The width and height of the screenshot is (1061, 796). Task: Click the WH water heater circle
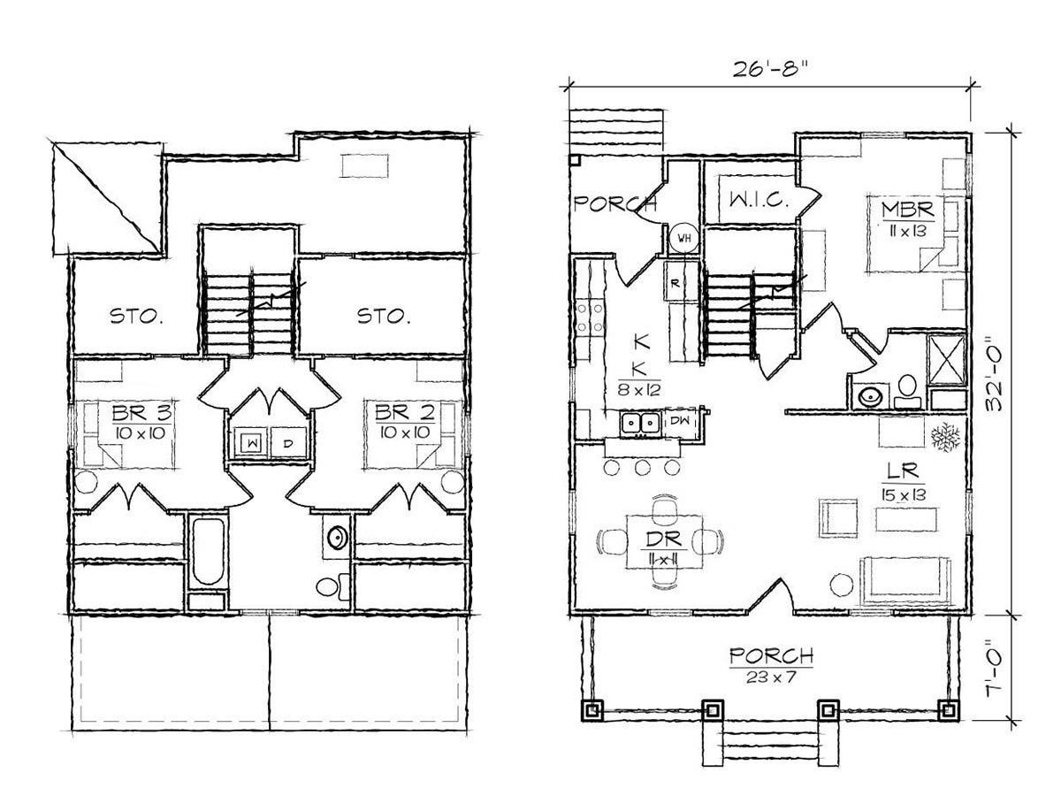pyautogui.click(x=683, y=238)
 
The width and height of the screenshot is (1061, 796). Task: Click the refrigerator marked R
pyautogui.click(x=676, y=283)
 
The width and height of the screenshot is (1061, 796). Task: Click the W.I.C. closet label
pyautogui.click(x=759, y=200)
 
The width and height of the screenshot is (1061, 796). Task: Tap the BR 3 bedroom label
pyautogui.click(x=141, y=414)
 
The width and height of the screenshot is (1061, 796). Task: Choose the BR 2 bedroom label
pyautogui.click(x=405, y=414)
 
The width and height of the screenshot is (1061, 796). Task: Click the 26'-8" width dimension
pyautogui.click(x=770, y=69)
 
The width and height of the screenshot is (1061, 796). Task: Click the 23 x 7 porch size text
pyautogui.click(x=770, y=677)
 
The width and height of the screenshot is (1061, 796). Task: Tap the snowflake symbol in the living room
pyautogui.click(x=945, y=437)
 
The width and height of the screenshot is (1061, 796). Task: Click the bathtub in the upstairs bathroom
pyautogui.click(x=209, y=551)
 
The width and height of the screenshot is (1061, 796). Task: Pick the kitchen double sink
pyautogui.click(x=641, y=424)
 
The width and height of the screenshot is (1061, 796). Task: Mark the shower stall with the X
pyautogui.click(x=946, y=360)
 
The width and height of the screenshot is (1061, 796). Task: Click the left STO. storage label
pyautogui.click(x=136, y=317)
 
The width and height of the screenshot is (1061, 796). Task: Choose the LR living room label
pyautogui.click(x=903, y=472)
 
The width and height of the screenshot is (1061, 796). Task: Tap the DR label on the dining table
pyautogui.click(x=665, y=540)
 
